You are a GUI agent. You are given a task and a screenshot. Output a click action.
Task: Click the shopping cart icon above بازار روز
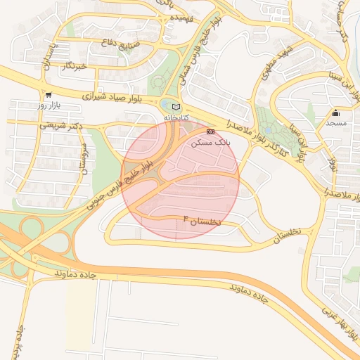coord(48,95)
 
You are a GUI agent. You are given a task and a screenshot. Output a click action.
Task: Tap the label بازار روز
coord(51,105)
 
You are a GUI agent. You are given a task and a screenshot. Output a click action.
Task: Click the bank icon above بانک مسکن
coord(210,131)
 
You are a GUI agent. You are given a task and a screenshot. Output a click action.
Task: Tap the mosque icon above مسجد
coord(336,113)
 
